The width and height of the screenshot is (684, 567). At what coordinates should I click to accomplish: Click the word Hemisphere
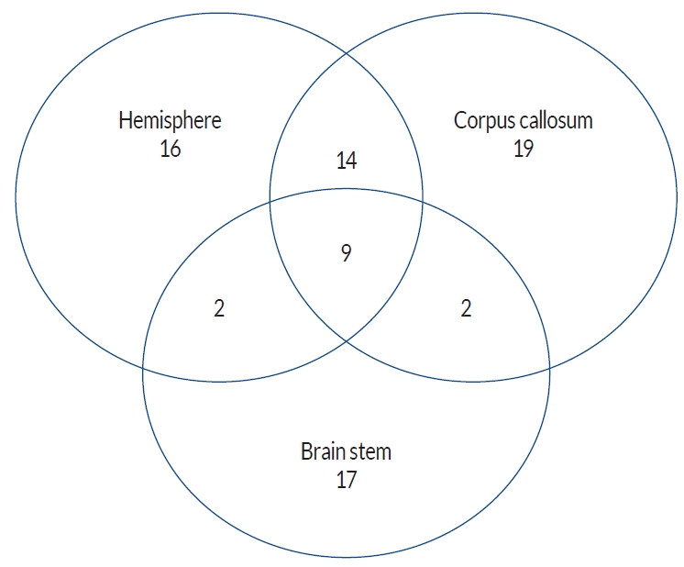[x=170, y=121]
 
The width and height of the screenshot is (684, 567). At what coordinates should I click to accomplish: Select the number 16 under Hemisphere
[x=170, y=149]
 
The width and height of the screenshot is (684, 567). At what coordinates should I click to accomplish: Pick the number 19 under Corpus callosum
[x=524, y=149]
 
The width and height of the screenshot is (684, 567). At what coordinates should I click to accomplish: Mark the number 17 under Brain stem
[x=346, y=479]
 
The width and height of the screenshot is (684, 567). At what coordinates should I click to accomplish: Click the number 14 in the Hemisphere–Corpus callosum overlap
[x=346, y=161]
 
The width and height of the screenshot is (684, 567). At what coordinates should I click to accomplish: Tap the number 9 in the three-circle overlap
[x=346, y=252]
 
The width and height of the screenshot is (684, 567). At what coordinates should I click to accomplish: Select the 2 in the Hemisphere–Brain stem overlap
[x=218, y=309]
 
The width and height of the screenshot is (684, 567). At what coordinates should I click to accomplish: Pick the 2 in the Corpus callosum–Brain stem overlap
[x=466, y=309]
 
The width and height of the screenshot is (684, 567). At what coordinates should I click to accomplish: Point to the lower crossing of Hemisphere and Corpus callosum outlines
[x=346, y=339]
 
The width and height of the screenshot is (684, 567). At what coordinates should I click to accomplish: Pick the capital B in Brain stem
[x=306, y=451]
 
